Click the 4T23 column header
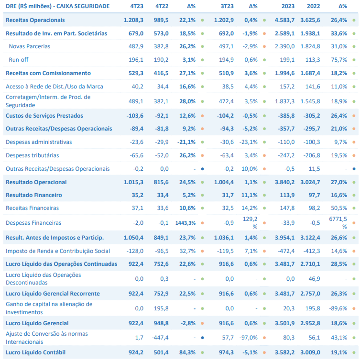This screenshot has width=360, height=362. click(137, 6)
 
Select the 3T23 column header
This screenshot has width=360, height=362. click(227, 6)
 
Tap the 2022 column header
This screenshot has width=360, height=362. click(313, 6)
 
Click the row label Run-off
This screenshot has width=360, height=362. click(19, 60)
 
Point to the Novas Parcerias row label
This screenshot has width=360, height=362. click(30, 46)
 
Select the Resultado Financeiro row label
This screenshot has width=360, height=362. click(33, 195)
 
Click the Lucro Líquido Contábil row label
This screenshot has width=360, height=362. click(35, 352)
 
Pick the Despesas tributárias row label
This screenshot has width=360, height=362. click(33, 155)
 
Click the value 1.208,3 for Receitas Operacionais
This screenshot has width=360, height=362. click(133, 20)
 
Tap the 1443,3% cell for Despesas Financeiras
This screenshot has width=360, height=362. click(185, 223)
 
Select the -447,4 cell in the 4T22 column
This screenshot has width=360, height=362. click(160, 338)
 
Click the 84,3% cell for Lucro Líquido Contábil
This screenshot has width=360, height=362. click(187, 352)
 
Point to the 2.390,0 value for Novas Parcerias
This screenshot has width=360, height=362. click(284, 46)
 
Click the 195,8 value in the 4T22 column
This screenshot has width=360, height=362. click(161, 308)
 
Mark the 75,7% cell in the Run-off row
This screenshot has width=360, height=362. click(339, 60)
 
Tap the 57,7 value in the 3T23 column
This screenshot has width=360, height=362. click(228, 338)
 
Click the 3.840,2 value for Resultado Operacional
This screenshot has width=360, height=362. click(284, 182)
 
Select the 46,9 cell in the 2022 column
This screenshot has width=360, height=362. click(314, 279)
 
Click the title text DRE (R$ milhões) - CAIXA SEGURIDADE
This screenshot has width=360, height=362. click(58, 6)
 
